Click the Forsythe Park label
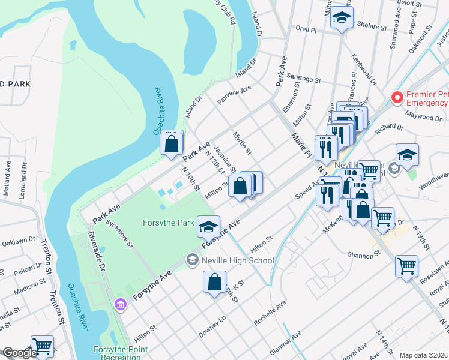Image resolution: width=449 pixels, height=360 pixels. click(x=168, y=223)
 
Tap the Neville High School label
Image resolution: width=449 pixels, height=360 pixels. click(x=238, y=260)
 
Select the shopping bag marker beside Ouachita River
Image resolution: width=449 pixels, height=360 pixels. click(x=172, y=144)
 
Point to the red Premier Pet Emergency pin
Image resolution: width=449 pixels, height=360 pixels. click(x=396, y=97)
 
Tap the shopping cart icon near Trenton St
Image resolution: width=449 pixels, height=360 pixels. click(x=42, y=346)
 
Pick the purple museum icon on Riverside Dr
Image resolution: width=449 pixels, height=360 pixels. click(x=121, y=305)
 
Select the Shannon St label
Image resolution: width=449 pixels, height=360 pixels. click(x=364, y=254)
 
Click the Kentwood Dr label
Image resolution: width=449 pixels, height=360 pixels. click(x=364, y=71)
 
